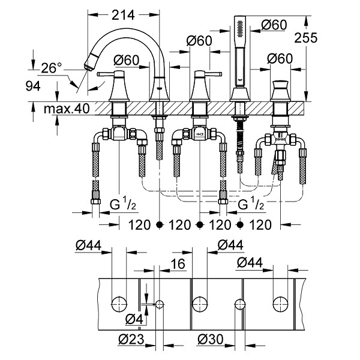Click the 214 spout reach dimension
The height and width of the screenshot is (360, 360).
(123, 15)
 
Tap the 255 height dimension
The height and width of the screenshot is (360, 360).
(305, 38)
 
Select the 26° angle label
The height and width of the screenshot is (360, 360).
(52, 68)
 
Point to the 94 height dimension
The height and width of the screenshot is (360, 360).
(33, 86)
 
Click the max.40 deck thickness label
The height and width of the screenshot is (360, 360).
(67, 109)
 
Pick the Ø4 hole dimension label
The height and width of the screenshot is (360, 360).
(134, 319)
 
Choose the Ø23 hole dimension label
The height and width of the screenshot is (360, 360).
(131, 339)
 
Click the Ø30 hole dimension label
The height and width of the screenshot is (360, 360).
(210, 339)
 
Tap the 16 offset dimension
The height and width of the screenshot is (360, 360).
(178, 264)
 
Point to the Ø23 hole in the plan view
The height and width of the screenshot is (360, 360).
(160, 305)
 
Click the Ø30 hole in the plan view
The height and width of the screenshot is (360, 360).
(240, 305)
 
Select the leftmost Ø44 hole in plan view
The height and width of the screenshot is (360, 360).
(119, 304)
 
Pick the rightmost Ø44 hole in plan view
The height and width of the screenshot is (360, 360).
(281, 304)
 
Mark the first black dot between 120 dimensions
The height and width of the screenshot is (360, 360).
(160, 224)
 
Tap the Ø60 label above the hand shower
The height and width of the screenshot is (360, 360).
(274, 25)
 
